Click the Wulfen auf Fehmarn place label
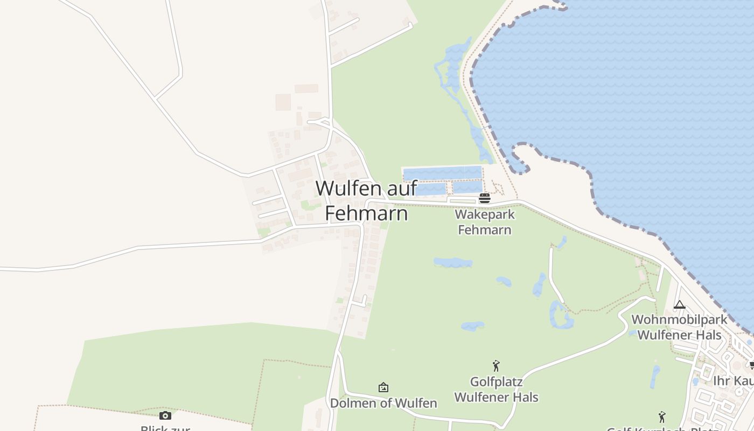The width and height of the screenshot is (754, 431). click(366, 200)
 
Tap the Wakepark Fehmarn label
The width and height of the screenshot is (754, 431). click(484, 222)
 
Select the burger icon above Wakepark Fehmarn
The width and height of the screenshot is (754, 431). click(484, 198)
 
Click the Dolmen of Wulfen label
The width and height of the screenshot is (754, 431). click(383, 403)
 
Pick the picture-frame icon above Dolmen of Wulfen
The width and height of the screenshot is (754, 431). click(383, 387)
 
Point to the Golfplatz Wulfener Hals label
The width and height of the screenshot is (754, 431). click(496, 390)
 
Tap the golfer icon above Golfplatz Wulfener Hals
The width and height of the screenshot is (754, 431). click(496, 366)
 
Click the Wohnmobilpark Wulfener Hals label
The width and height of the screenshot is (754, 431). click(679, 327)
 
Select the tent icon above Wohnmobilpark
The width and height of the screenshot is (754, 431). click(680, 305)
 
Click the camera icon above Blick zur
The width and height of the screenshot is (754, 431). click(165, 415)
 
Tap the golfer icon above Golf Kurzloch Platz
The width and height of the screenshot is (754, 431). click(662, 417)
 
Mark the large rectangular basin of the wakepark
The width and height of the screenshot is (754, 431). click(442, 173)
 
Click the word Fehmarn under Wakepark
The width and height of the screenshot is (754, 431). click(484, 230)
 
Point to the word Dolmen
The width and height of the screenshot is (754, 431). click(350, 403)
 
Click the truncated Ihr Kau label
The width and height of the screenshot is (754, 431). click(733, 381)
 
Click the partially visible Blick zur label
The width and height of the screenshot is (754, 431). click(165, 428)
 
